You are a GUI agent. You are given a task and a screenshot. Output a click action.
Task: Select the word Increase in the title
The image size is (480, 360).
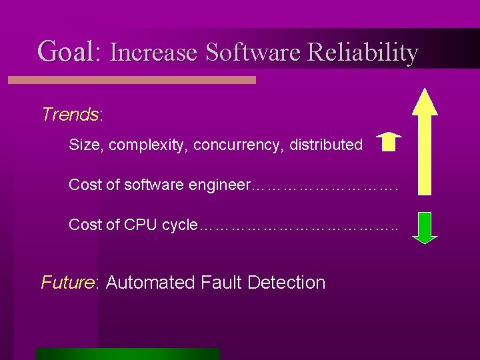tap(153, 52)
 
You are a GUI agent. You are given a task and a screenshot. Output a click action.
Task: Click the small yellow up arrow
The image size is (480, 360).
tap(389, 142)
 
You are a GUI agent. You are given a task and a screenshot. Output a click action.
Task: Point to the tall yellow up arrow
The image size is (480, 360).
tap(424, 140)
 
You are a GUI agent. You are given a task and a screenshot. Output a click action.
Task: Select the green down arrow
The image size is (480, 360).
tap(424, 227)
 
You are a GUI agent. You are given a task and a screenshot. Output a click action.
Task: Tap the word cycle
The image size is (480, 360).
tap(179, 225)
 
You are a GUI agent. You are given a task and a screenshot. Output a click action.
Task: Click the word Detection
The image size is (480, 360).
tap(286, 283)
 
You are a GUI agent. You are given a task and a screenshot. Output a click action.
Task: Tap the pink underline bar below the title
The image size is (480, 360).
tap(131, 80)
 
